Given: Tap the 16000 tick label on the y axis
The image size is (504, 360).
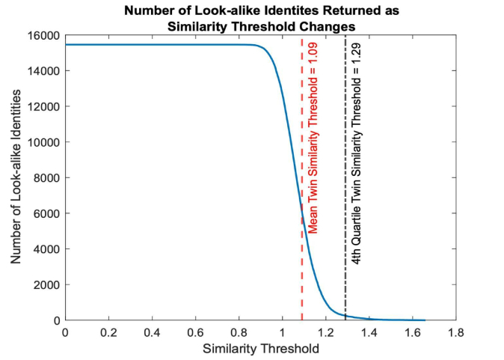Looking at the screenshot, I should click(43, 35).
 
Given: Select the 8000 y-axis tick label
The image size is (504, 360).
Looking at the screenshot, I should click(46, 178).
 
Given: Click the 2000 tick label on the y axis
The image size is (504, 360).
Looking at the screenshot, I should click(46, 284).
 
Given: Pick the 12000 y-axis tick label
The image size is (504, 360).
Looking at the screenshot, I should click(43, 106).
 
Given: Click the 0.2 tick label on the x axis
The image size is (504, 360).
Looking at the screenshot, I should click(108, 332).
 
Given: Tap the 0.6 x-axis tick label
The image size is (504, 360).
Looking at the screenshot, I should click(195, 332).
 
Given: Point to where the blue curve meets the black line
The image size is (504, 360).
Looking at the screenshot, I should click(345, 316).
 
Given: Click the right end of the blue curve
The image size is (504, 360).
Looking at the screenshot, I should click(424, 320).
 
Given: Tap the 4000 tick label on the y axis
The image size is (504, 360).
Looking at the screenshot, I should click(46, 249).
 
